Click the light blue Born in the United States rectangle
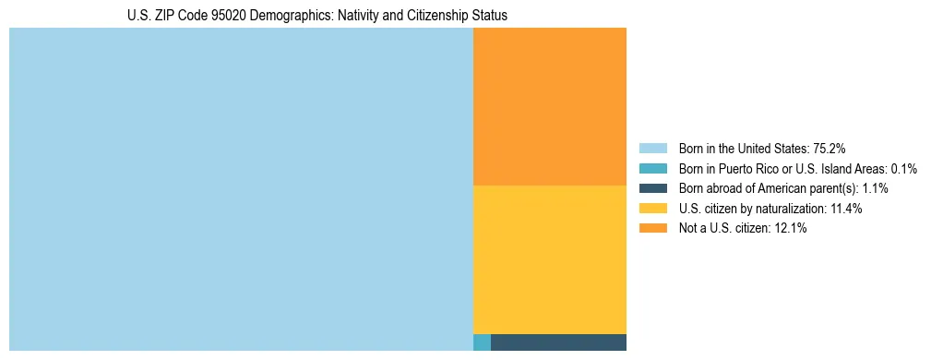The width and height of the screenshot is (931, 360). (241, 189)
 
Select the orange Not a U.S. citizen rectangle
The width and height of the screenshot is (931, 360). (549, 106)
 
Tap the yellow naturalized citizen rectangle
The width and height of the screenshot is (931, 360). (549, 259)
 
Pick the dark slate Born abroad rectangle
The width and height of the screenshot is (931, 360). (558, 342)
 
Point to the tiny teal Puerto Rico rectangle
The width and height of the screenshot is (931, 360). (482, 342)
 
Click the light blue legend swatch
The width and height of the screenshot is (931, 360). (652, 148)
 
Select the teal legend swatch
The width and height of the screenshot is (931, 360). (652, 168)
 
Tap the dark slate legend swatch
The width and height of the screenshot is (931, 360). (652, 188)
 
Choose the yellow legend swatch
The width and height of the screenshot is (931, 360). (652, 209)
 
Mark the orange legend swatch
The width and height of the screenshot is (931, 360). (652, 229)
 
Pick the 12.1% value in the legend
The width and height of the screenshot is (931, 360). (789, 229)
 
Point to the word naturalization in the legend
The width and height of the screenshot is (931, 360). (774, 209)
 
